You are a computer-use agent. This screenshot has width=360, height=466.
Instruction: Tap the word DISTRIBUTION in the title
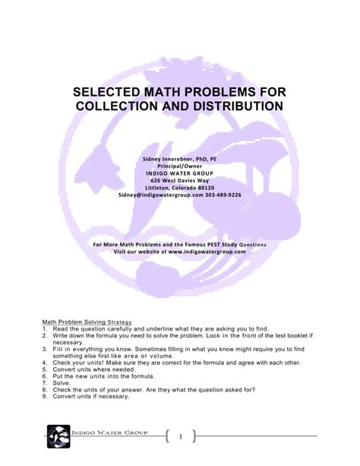(227, 108)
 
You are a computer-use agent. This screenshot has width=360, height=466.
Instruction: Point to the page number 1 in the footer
(181, 436)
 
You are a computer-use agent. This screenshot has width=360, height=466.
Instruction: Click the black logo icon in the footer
(58, 437)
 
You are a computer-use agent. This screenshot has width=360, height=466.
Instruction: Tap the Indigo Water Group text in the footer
(114, 432)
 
